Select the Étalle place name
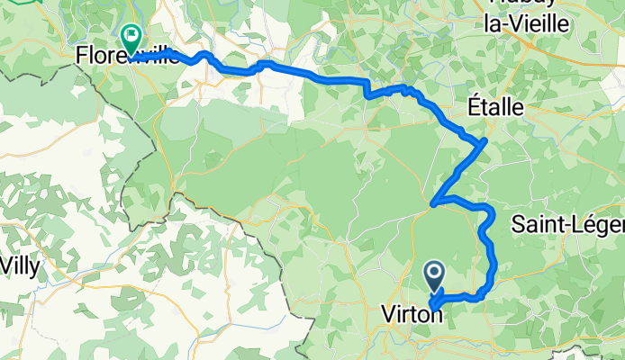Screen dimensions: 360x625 [x=495, y=106]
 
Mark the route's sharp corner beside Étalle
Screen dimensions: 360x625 [x=486, y=140]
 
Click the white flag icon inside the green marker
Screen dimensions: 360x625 [x=131, y=37]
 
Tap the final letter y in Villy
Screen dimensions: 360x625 [x=35, y=268]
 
